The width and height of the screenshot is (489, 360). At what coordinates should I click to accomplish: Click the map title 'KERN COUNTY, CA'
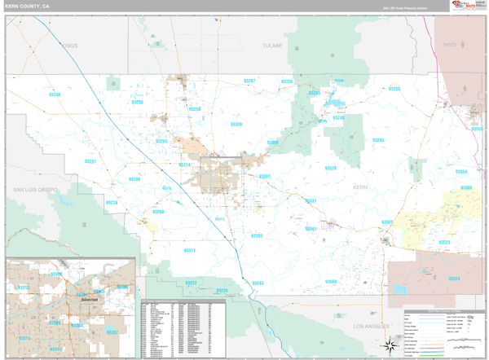pos(28,7)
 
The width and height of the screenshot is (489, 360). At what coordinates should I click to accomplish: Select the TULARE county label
pos(271,46)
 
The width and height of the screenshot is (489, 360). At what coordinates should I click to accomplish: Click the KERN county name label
pos(361,187)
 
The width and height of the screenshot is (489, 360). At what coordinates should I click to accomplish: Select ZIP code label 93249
pos(55,95)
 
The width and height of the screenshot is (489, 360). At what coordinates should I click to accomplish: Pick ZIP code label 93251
pos(90,161)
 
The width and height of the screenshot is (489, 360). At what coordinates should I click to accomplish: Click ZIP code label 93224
pos(111,202)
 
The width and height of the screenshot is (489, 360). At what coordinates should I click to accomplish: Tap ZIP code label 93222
pos(191,283)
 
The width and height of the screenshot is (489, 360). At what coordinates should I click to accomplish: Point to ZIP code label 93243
pos(258,283)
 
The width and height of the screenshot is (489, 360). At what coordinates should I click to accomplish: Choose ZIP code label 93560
pos(331,281)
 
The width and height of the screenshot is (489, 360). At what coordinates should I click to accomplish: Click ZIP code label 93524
pos(454,279)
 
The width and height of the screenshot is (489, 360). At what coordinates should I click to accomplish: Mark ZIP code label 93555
pos(477,128)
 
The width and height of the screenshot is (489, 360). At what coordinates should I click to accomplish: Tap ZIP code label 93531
pos(311,200)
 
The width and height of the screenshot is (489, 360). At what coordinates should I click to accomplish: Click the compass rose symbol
pos(390,347)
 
